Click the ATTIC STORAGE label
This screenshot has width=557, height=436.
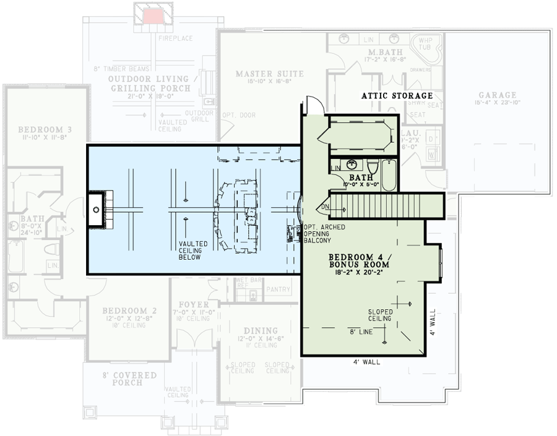pyautogui.click(x=397, y=96)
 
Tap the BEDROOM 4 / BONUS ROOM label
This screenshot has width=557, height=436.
pyautogui.click(x=359, y=262)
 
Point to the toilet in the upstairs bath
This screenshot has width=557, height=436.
pyautogui.click(x=373, y=166)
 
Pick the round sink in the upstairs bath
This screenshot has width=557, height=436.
pyautogui.click(x=352, y=165)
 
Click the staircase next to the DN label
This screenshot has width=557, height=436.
pyautogui.click(x=384, y=205)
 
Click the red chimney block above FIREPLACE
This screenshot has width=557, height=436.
pyautogui.click(x=152, y=16)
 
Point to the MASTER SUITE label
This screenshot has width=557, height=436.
pyautogui.click(x=269, y=74)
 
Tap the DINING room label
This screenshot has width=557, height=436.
pyautogui.click(x=260, y=330)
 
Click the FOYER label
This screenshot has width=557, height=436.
pyautogui.click(x=194, y=305)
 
